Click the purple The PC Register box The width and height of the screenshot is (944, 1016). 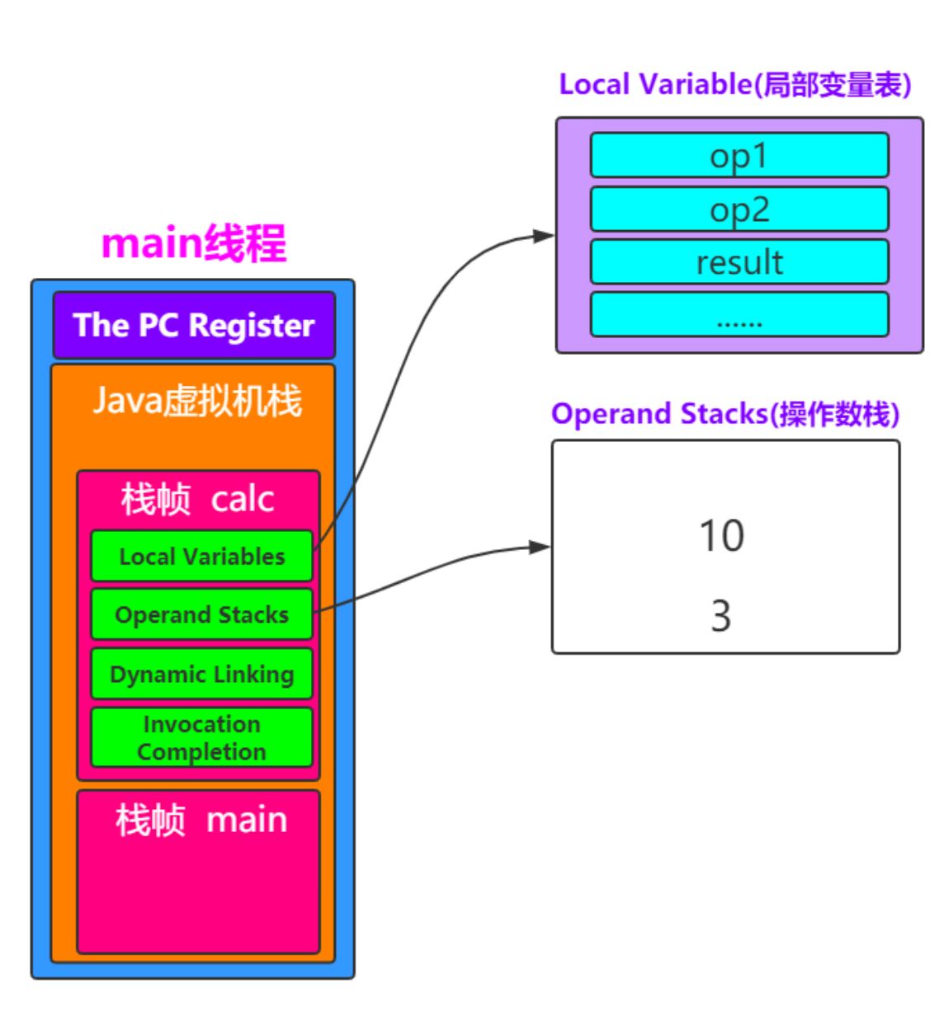(x=194, y=325)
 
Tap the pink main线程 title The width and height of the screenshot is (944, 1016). (x=193, y=243)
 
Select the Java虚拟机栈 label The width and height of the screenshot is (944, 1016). (x=196, y=401)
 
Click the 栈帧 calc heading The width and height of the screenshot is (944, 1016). (x=197, y=499)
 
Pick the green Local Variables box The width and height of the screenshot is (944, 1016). (x=201, y=557)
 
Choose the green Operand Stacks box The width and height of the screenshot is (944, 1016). (x=201, y=614)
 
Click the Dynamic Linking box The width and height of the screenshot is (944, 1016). (x=201, y=674)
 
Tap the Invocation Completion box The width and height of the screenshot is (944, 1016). (x=201, y=737)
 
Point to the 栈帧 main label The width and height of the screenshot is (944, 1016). (x=201, y=821)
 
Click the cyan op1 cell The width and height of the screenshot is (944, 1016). (x=739, y=155)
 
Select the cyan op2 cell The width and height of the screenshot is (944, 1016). (x=739, y=209)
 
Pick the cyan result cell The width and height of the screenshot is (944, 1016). (x=739, y=262)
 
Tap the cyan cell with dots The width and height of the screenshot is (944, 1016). (x=739, y=315)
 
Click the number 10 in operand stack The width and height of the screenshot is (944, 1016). (x=721, y=536)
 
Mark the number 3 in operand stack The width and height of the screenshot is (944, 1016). (x=720, y=616)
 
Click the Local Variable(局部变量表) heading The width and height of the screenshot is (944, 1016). (x=734, y=84)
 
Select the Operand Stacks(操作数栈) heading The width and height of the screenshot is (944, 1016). (x=725, y=413)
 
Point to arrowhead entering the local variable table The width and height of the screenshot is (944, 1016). (x=545, y=236)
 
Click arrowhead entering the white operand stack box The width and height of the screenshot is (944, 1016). (x=541, y=547)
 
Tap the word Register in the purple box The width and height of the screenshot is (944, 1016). (x=251, y=326)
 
